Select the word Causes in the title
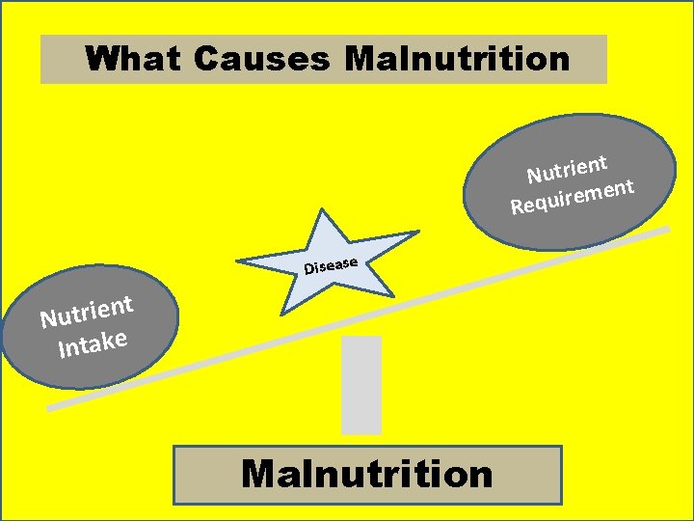click(260, 59)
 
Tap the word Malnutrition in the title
click(456, 59)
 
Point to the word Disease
click(331, 264)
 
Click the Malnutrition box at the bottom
click(367, 475)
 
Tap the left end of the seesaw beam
click(52, 406)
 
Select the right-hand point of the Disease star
click(416, 233)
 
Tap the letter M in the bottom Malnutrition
click(262, 475)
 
